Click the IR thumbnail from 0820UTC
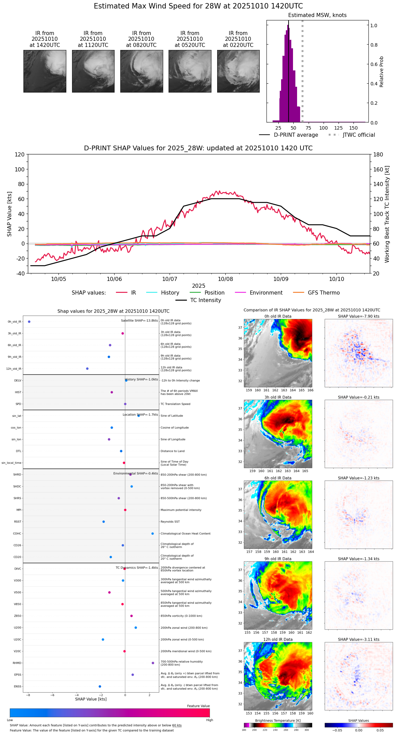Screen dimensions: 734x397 (x=141, y=71)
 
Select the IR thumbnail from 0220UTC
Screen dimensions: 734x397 (x=238, y=71)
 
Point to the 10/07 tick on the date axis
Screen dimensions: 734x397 (x=170, y=279)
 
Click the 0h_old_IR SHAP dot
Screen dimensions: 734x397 (x=29, y=321)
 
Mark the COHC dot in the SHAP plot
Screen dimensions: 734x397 (x=153, y=533)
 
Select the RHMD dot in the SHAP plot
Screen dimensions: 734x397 (x=153, y=663)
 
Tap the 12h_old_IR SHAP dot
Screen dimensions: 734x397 (x=87, y=369)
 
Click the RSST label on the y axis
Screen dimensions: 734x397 (x=18, y=522)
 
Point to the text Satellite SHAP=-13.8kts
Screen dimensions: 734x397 (x=139, y=320)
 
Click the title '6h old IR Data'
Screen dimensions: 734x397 (x=278, y=478)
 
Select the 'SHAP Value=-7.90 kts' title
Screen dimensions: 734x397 (x=359, y=316)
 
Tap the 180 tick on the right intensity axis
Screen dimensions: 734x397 (x=378, y=154)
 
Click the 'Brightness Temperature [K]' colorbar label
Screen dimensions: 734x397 (x=278, y=720)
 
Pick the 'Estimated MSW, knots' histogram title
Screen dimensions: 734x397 (x=317, y=15)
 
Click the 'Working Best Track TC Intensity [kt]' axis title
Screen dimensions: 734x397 (x=387, y=214)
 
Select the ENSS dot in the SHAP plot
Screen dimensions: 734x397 (x=100, y=686)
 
